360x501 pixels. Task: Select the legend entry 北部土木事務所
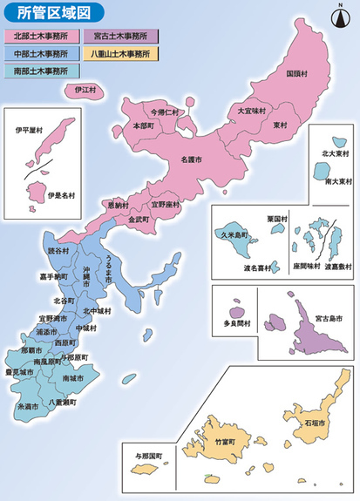[41, 37]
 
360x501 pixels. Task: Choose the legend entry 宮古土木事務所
[121, 37]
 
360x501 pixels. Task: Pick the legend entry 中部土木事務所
[41, 53]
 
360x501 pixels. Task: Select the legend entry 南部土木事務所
[41, 70]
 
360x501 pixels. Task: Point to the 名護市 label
[190, 160]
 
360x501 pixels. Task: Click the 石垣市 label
[315, 423]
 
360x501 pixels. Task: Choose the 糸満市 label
[26, 407]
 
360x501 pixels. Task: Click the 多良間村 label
[237, 322]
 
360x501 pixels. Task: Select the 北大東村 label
[333, 153]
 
